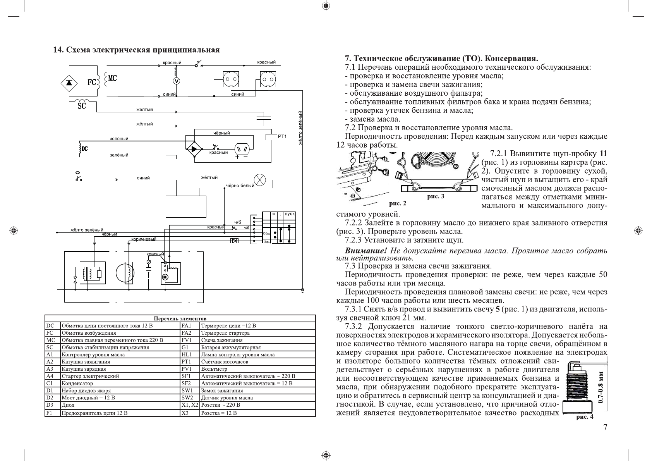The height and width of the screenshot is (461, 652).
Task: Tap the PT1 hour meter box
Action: pos(271,137)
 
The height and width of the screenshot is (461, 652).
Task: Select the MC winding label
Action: pos(112,78)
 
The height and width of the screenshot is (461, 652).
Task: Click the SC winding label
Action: pos(81,105)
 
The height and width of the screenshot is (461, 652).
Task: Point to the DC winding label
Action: pos(84,148)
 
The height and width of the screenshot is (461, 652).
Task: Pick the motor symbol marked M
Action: pos(164,277)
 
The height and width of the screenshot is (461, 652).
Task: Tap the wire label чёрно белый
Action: pos(240,186)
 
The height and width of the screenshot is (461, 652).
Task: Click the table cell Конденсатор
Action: pos(77,384)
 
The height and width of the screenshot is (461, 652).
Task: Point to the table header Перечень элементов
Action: pos(180,318)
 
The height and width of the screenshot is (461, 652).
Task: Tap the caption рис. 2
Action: pos(398,203)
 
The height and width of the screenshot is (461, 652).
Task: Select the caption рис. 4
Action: pos(585,417)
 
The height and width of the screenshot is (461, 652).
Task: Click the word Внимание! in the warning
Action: pos(366,251)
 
